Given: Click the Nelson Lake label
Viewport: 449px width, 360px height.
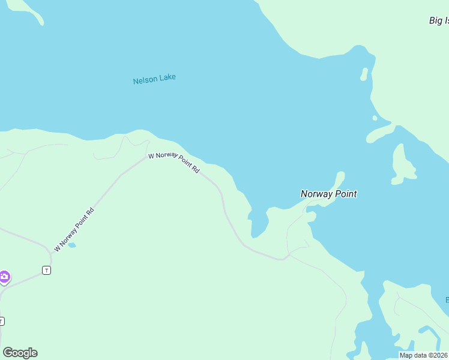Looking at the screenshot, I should pyautogui.click(x=154, y=79).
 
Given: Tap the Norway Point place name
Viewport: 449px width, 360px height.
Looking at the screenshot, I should pyautogui.click(x=328, y=194).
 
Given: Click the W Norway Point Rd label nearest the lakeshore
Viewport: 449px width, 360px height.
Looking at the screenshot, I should pyautogui.click(x=174, y=163).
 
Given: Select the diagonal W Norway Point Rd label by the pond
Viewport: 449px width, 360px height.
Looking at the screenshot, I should pyautogui.click(x=74, y=229).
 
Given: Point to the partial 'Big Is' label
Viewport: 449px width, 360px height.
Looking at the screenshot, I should pyautogui.click(x=439, y=21).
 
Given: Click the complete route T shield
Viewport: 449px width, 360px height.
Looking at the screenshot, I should pyautogui.click(x=46, y=271).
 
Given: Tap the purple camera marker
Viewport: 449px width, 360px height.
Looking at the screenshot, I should pyautogui.click(x=4, y=277).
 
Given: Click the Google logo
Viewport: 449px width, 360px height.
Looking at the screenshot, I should pyautogui.click(x=20, y=353).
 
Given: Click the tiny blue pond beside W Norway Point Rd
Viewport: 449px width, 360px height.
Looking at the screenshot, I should pyautogui.click(x=72, y=245).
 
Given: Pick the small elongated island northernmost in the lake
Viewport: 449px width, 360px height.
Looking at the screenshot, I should pyautogui.click(x=364, y=74).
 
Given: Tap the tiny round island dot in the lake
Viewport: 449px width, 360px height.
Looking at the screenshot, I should pyautogui.click(x=375, y=118).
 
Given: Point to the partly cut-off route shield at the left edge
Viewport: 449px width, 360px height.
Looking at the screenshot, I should pyautogui.click(x=1, y=320).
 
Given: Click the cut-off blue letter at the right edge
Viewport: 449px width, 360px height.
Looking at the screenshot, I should pyautogui.click(x=447, y=299).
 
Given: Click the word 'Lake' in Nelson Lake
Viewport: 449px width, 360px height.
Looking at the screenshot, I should pyautogui.click(x=167, y=78).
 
